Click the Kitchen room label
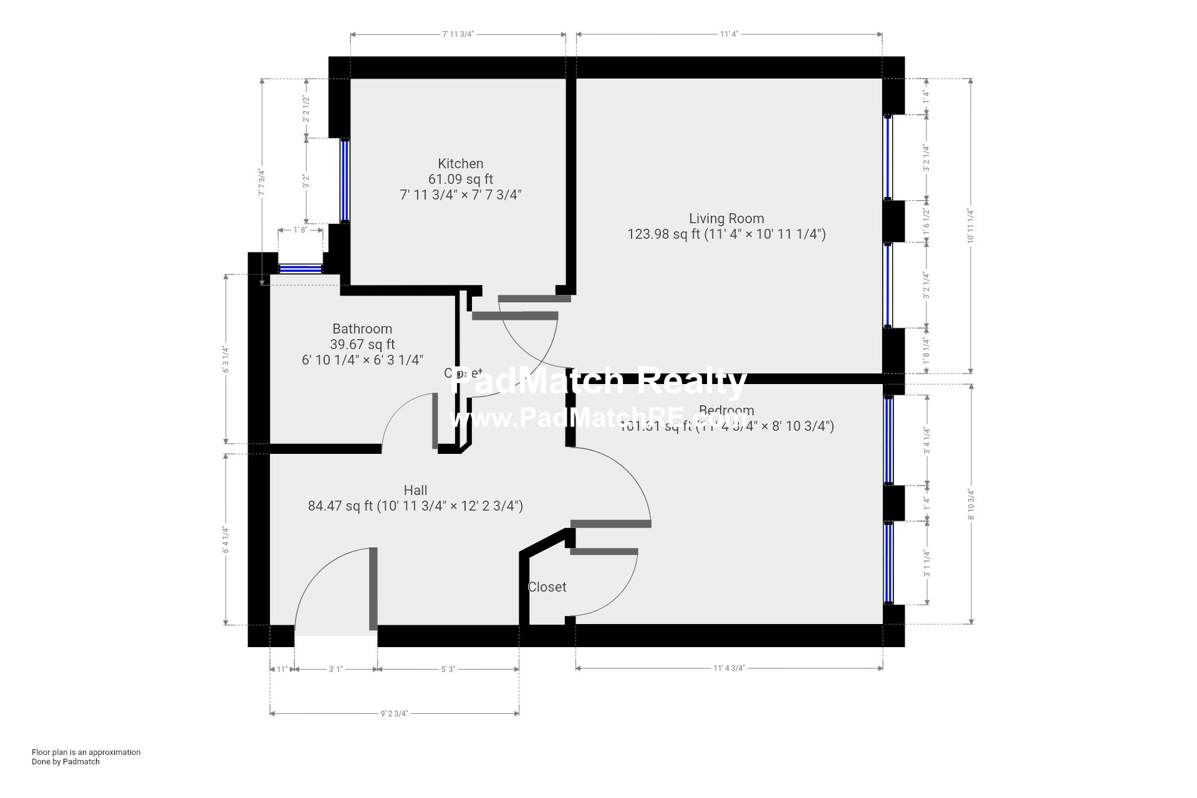point(460,163)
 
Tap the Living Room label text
point(726,218)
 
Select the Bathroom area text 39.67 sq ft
point(362,344)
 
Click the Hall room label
point(415,490)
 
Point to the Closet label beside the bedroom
point(547,587)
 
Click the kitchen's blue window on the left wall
point(344,181)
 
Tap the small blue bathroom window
point(300,269)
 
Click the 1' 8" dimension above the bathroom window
point(300,229)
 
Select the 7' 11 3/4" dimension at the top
point(458,34)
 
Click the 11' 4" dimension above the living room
point(729,34)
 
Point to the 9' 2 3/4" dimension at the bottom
point(394,713)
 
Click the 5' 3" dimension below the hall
point(448,669)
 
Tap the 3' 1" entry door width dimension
point(335,669)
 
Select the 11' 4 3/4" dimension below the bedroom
point(729,668)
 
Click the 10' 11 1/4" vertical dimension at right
point(971,226)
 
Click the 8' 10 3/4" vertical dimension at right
point(971,504)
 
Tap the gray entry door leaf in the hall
point(373,589)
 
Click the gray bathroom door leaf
point(435,421)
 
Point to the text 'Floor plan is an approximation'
point(86,752)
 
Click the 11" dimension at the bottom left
point(281,669)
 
